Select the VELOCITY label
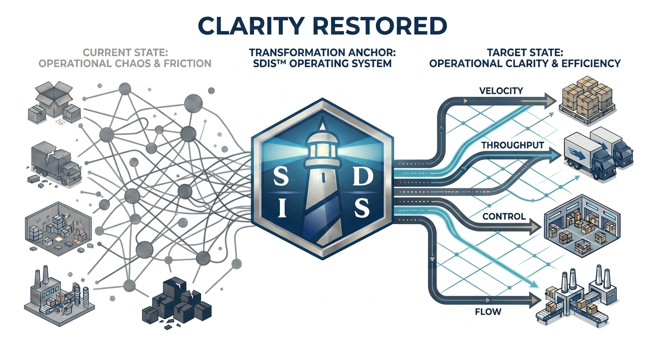point(501,90)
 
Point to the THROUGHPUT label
point(512,145)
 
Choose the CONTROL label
point(503,217)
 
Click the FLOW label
point(488,311)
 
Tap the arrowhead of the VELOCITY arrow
point(549,100)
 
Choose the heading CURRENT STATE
point(124,52)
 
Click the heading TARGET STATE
point(525,52)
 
